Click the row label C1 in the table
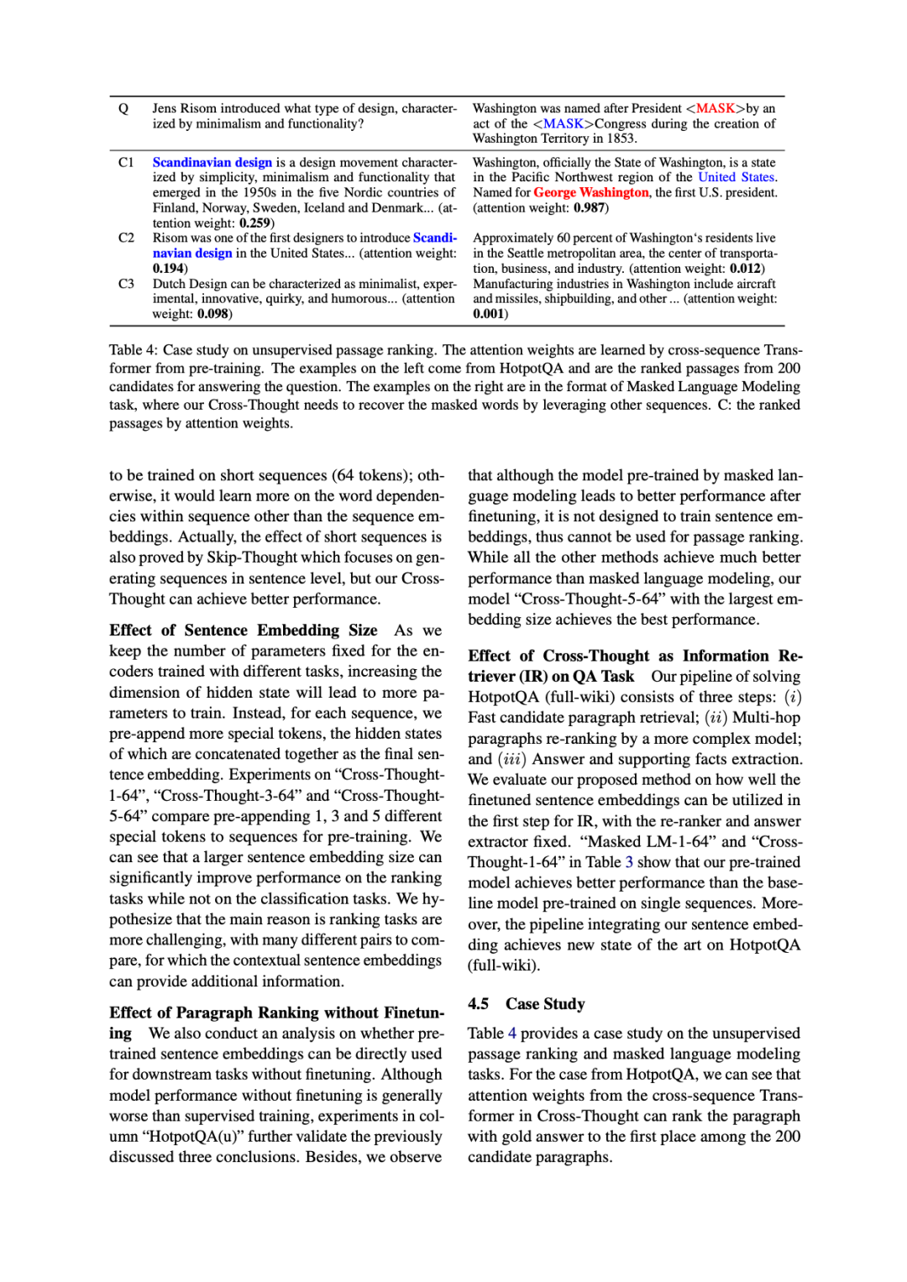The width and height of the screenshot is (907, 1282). point(126,162)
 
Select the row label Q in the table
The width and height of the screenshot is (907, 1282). point(123,108)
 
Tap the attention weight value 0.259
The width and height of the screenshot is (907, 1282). point(254,222)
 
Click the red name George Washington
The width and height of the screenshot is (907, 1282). point(591,192)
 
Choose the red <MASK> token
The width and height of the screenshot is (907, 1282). point(716,108)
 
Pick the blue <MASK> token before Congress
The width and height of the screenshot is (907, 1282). point(564,123)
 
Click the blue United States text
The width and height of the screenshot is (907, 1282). point(737,177)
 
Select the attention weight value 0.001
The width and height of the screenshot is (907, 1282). point(489,314)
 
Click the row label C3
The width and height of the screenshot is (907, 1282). point(126,284)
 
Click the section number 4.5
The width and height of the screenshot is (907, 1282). point(478,1004)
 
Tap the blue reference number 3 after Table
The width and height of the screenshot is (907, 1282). point(629,862)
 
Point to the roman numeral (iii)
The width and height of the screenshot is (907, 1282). point(512,759)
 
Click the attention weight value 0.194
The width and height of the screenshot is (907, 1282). point(168,269)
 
